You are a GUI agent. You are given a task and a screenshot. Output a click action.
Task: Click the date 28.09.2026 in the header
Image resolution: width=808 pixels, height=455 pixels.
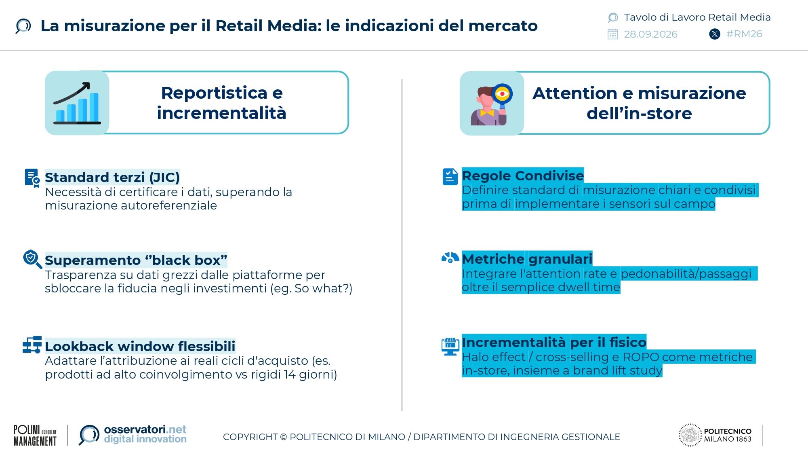[x=650, y=34]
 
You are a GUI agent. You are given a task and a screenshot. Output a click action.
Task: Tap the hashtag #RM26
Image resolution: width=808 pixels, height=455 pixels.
[x=744, y=34]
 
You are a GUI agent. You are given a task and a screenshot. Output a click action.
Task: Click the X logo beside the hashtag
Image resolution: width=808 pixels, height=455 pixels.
[x=715, y=34]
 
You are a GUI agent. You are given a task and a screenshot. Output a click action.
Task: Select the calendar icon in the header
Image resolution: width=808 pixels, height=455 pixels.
[x=613, y=34]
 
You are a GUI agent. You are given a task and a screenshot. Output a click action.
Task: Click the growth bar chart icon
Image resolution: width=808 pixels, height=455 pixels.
[x=77, y=103]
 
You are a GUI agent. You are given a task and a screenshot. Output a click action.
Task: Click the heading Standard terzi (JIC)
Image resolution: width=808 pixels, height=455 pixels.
[x=112, y=177]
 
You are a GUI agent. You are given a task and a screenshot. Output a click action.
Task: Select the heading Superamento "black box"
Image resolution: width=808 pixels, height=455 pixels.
[x=136, y=260]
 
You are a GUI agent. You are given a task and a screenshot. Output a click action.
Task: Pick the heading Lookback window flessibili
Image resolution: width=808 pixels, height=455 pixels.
[x=140, y=346]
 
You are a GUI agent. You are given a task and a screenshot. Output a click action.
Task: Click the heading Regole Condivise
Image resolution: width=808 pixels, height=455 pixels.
[x=523, y=176]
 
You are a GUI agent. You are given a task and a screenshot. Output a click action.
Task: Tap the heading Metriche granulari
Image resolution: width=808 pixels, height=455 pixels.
[x=527, y=258]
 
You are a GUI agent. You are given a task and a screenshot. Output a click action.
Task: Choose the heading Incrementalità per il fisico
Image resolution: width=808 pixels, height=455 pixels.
[x=554, y=342]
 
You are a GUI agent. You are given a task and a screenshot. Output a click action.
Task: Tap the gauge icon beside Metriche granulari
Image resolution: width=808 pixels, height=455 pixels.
[x=450, y=258]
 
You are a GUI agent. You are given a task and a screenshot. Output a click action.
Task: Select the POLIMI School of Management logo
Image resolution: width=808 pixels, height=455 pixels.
[x=35, y=435]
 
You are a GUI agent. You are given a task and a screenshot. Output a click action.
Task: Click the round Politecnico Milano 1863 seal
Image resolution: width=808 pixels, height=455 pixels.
[x=690, y=435]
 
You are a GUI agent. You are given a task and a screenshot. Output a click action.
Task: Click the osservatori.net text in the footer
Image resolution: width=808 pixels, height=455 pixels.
[x=145, y=429]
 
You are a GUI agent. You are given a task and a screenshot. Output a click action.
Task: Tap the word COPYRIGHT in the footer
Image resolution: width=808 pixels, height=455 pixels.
[x=250, y=437]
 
